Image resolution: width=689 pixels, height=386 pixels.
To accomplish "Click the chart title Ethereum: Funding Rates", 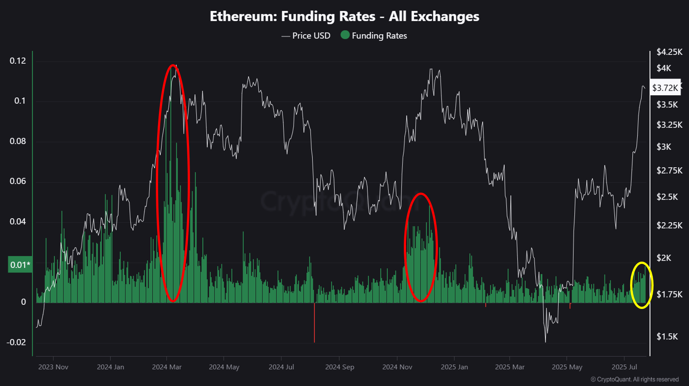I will pos(344,16).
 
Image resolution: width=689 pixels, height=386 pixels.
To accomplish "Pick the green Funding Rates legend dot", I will pos(345,35).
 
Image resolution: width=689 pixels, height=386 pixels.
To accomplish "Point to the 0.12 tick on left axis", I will pos(18,61).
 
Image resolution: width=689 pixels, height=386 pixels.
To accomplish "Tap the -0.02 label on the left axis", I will pos(16,342).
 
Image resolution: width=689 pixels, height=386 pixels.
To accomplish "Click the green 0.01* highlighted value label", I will pos(20,265).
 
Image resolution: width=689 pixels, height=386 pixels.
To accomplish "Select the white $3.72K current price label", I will pos(665,88).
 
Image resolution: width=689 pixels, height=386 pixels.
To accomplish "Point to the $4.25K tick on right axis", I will pos(669,52).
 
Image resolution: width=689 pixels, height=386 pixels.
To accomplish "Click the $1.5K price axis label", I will pos(667,336).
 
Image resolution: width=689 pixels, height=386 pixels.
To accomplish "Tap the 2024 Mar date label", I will pos(166,367).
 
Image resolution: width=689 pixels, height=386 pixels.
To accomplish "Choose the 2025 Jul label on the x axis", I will pos(624,367).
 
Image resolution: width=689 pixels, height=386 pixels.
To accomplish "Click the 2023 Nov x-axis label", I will pos(53,367).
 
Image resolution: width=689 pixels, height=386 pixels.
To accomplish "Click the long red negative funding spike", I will pos(314,323).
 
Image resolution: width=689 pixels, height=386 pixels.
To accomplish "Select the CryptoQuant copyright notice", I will pos(635,379).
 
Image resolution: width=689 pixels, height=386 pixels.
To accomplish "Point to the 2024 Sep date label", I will pos(340,367).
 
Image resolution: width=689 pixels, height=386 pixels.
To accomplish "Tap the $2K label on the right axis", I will pos(664,258).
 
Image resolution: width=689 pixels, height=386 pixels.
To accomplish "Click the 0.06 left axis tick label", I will pos(18,181).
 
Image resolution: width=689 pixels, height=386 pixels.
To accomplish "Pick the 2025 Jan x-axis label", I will pos(454,367).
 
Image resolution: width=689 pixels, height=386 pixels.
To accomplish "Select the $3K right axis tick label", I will pos(664,147).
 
